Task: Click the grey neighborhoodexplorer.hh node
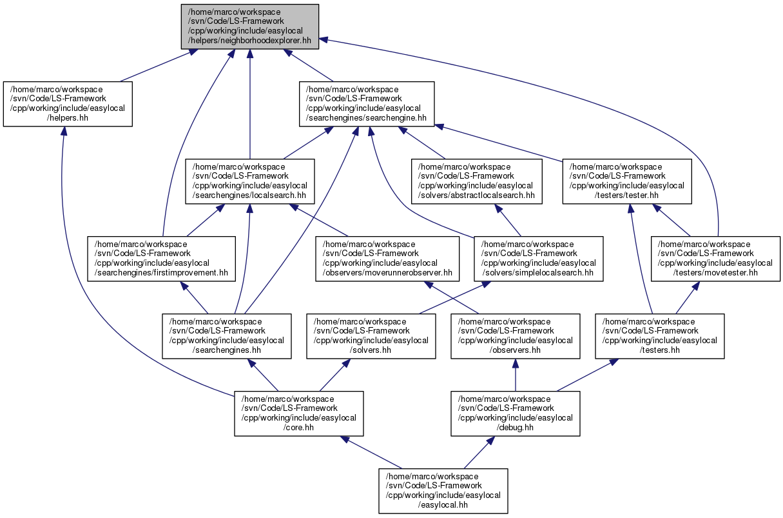coord(249,26)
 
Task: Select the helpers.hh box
coord(68,104)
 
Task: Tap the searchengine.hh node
coord(367,104)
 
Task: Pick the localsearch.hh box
coord(250,181)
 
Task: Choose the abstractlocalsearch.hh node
coord(477,181)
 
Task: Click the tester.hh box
coord(627,181)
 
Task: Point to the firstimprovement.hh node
coord(162,259)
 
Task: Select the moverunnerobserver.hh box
coord(387,259)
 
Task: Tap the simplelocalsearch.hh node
coord(539,259)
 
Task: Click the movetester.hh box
coord(715,259)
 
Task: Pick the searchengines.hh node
coord(226,336)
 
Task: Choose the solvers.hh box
coord(371,336)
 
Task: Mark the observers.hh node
coord(516,336)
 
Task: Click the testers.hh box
coord(660,336)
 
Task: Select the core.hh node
coord(299,413)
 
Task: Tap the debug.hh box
coord(516,413)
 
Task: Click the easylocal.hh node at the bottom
coord(443,491)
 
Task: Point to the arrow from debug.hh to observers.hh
coord(516,375)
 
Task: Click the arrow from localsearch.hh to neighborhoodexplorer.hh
coord(250,105)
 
